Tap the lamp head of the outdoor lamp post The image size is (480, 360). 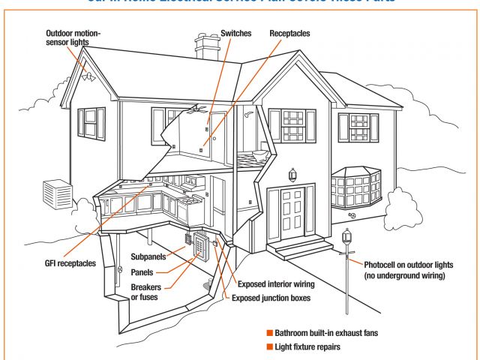pyautogui.click(x=346, y=239)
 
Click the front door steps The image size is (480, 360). pyautogui.click(x=300, y=248)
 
